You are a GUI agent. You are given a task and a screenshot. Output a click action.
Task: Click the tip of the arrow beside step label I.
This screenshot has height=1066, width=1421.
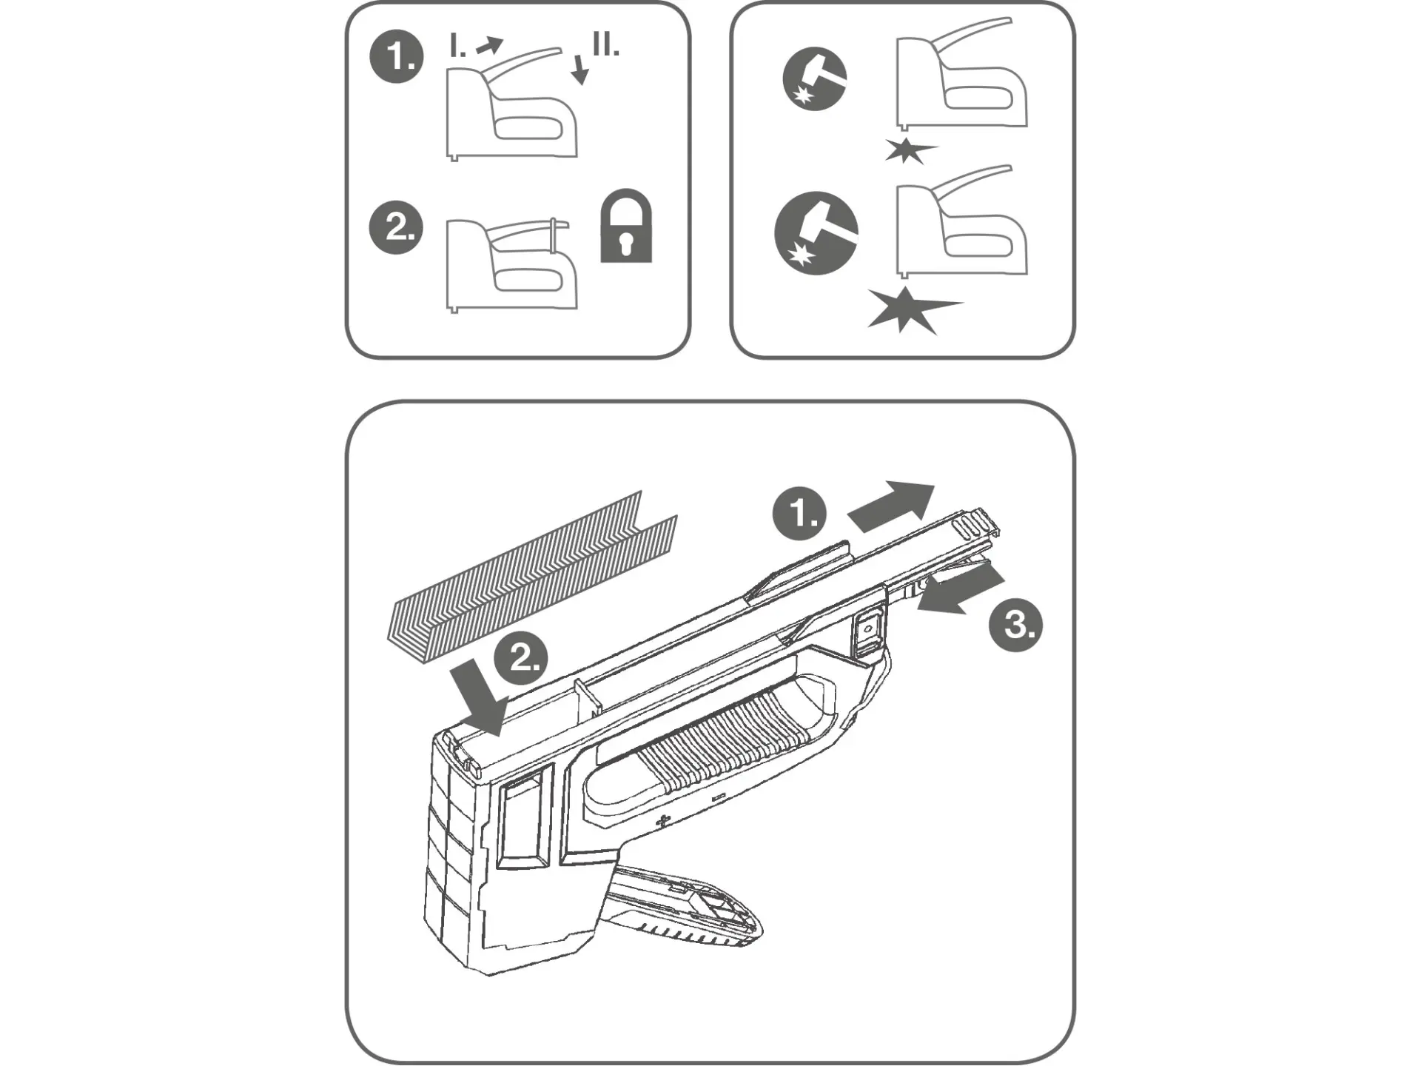point(503,41)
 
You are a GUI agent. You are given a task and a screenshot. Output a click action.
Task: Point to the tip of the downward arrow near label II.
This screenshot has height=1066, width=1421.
point(582,85)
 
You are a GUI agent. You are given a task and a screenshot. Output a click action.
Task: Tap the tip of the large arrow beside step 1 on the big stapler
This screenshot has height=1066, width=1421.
point(935,486)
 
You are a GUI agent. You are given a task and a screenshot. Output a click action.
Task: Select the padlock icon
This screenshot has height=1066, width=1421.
point(626,226)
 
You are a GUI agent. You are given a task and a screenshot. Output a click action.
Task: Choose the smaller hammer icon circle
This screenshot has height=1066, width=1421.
point(815,79)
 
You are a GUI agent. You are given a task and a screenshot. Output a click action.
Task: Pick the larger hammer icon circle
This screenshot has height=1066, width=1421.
point(816,233)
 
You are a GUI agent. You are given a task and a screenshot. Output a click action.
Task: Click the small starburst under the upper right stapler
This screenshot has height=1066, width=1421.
point(907,150)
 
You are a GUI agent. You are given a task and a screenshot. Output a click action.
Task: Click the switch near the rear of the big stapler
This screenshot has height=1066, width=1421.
point(866,631)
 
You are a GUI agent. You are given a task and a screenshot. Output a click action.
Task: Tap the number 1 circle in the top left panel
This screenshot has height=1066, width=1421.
point(397,56)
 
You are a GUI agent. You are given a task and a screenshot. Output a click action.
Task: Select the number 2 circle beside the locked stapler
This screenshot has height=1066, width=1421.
point(396,227)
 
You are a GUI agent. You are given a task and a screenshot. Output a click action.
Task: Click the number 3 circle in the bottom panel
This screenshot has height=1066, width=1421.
point(1015,625)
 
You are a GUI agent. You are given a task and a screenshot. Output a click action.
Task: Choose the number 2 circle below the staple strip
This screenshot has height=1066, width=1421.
point(520,657)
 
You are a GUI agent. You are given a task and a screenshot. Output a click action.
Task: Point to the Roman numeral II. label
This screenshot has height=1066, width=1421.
point(605,44)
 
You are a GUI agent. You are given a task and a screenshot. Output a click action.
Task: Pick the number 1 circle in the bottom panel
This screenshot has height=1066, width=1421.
point(799,513)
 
